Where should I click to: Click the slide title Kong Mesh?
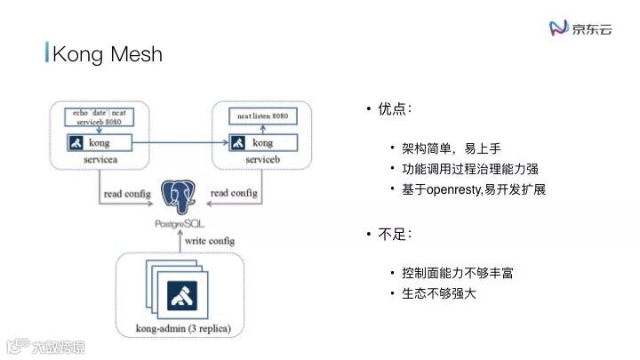pyautogui.click(x=107, y=53)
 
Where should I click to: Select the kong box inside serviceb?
pyautogui.click(x=261, y=142)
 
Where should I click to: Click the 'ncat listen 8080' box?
pyautogui.click(x=261, y=117)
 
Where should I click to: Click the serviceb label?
pyautogui.click(x=262, y=157)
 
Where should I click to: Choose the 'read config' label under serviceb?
pyautogui.click(x=234, y=193)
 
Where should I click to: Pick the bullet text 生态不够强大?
pyautogui.click(x=439, y=292)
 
